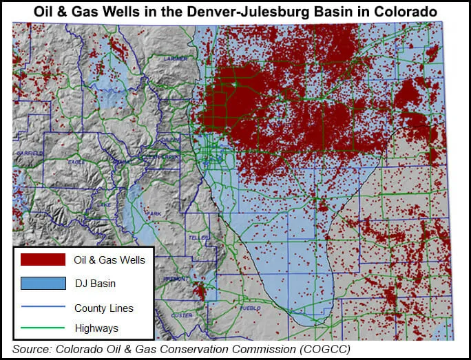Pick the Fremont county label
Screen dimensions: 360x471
pyautogui.click(x=171, y=278)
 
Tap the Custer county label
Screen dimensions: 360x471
pyautogui.click(x=182, y=315)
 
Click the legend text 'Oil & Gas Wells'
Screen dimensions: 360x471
pyautogui.click(x=109, y=260)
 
